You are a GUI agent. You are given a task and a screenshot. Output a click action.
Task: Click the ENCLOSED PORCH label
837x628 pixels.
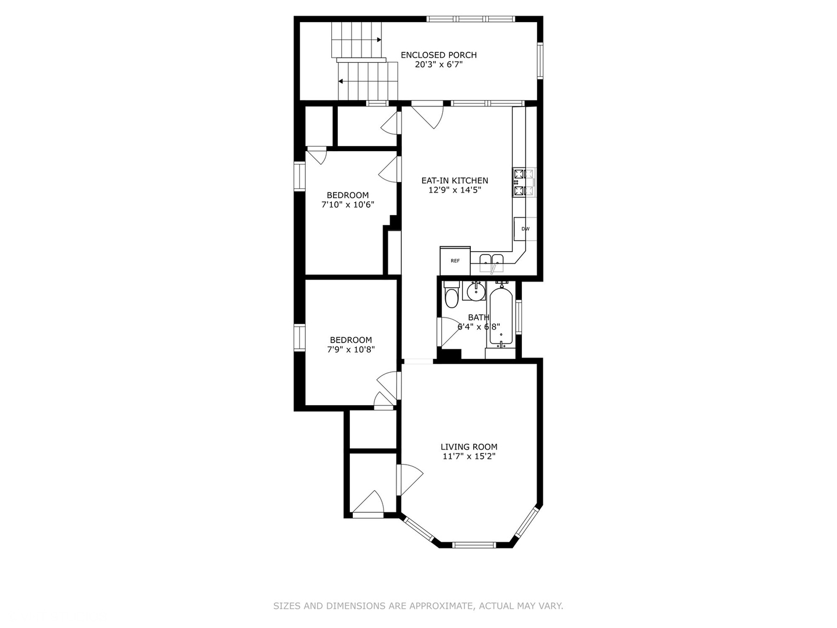click(438, 55)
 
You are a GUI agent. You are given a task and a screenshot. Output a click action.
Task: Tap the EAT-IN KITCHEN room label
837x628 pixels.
click(455, 180)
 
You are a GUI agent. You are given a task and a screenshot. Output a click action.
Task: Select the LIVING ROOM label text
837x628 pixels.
click(468, 447)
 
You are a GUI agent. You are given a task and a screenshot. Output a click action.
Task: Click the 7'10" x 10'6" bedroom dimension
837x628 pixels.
click(348, 204)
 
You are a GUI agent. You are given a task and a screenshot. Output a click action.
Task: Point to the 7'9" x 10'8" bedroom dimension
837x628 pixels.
click(351, 349)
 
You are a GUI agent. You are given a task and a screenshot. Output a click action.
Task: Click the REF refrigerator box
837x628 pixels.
click(455, 261)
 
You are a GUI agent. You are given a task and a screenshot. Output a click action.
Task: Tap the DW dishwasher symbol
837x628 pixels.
click(525, 229)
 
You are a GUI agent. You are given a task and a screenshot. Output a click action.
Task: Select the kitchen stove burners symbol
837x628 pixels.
click(524, 182)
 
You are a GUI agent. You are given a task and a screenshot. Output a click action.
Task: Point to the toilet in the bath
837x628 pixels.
click(452, 295)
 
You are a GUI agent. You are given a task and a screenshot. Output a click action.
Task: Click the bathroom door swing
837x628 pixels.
click(450, 332)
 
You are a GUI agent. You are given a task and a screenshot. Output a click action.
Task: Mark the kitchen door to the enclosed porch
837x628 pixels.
click(427, 116)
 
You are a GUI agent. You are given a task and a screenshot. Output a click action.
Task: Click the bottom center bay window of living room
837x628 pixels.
click(475, 545)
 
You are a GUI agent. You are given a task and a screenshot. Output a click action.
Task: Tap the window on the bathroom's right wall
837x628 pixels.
click(518, 317)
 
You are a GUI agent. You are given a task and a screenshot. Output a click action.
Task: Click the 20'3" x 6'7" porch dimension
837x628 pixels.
click(438, 65)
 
